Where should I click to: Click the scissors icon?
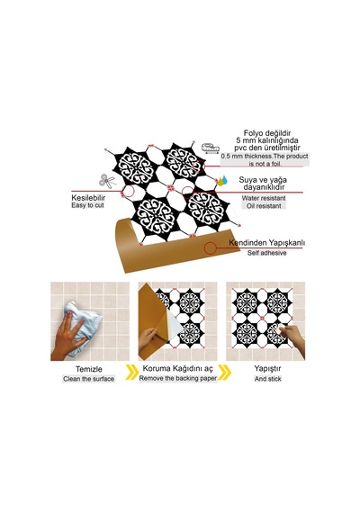click(107, 181)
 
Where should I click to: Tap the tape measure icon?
click(210, 148)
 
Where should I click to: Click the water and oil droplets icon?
click(222, 180)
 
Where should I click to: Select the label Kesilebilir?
click(88, 198)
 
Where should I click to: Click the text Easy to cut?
click(87, 205)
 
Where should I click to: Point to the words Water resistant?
click(264, 198)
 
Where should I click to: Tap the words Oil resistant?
click(264, 206)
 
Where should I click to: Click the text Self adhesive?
click(266, 253)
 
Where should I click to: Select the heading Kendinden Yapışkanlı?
click(266, 243)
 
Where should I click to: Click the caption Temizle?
click(89, 369)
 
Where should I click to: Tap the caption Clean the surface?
click(89, 379)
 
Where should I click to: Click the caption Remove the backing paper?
click(177, 378)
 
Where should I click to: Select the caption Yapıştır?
click(267, 368)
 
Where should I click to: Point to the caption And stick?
click(267, 379)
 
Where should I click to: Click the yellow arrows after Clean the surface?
click(131, 373)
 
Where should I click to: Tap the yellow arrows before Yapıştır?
click(224, 373)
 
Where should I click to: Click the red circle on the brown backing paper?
click(210, 248)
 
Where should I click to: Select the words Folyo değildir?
click(267, 133)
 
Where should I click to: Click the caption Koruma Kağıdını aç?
click(177, 369)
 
